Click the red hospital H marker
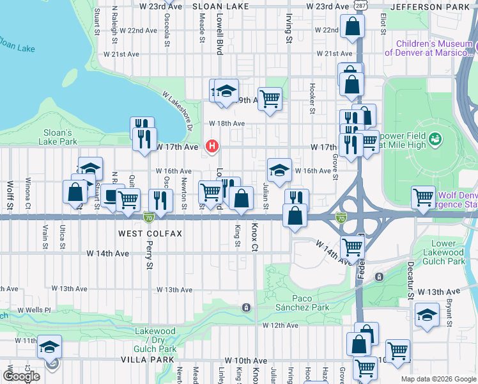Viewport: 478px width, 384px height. pyautogui.click(x=212, y=147)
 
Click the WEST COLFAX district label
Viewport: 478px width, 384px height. pyautogui.click(x=150, y=234)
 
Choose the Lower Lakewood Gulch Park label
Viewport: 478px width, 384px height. pyautogui.click(x=439, y=252)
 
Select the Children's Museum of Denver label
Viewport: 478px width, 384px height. pyautogui.click(x=433, y=49)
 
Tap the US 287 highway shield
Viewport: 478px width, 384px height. pyautogui.click(x=362, y=6)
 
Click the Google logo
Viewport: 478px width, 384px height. pyautogui.click(x=21, y=376)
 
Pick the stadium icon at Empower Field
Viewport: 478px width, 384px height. pyautogui.click(x=436, y=138)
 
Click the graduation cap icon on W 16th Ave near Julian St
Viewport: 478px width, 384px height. pyautogui.click(x=279, y=170)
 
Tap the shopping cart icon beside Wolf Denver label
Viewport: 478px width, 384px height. pyautogui.click(x=423, y=198)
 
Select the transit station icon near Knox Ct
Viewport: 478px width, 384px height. pyautogui.click(x=245, y=308)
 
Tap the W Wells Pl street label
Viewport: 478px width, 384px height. pyautogui.click(x=33, y=310)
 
